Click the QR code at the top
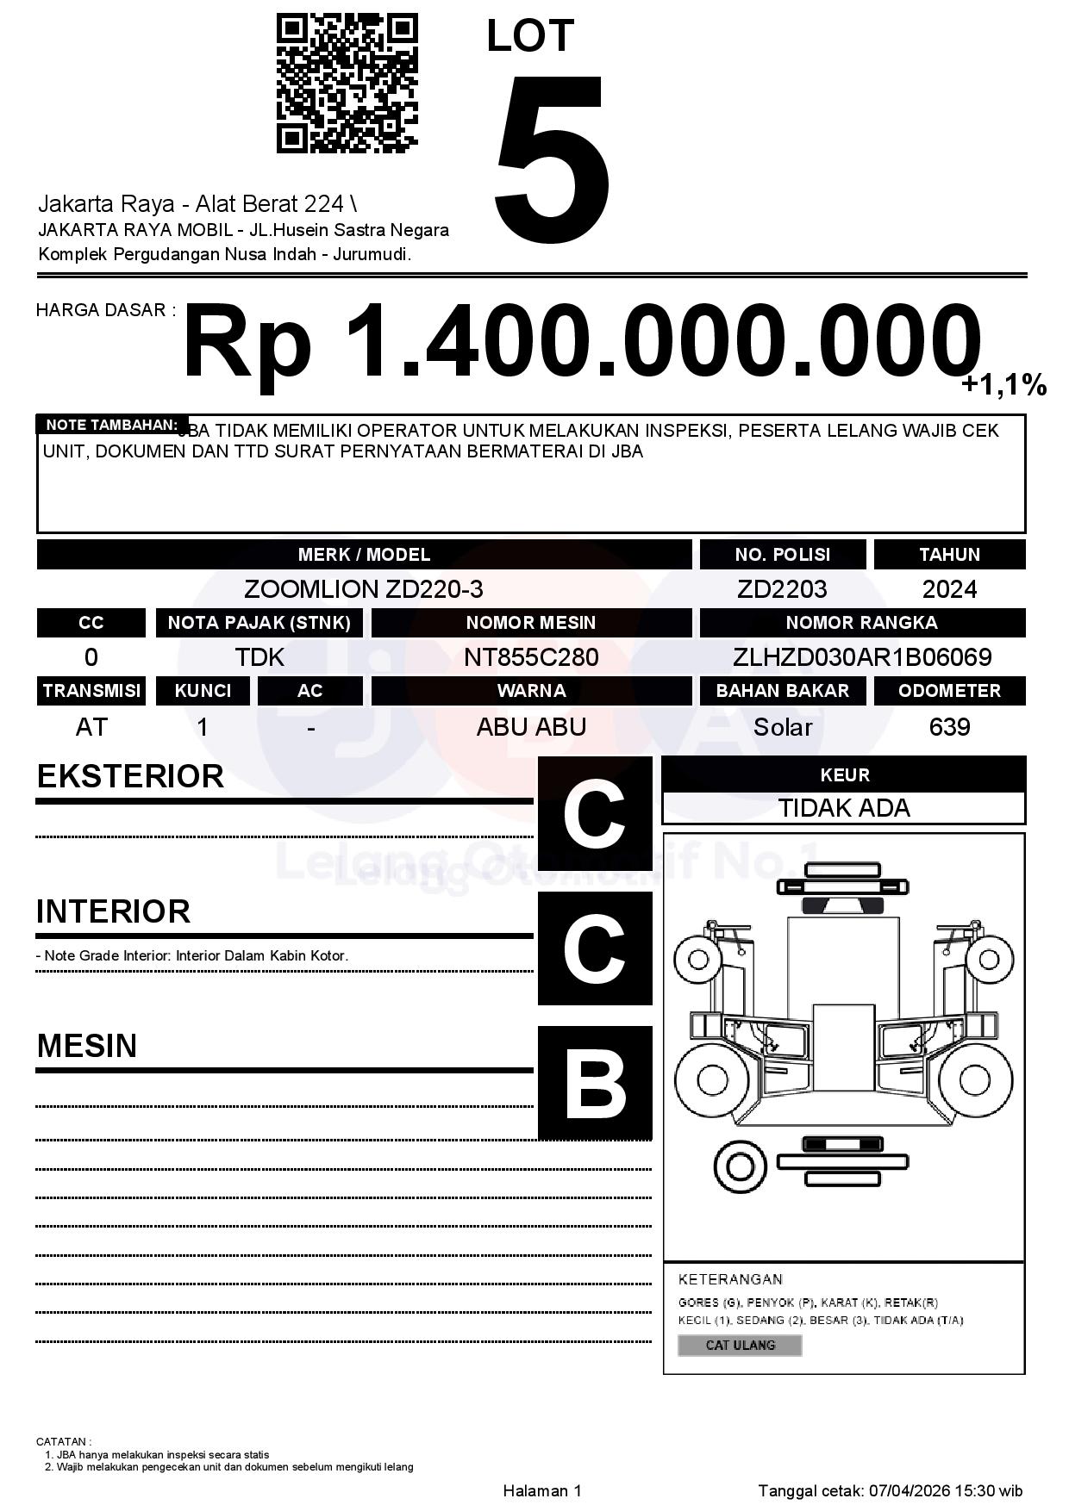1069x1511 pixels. point(347,84)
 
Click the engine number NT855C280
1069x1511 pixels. point(531,657)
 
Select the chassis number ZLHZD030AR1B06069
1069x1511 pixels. point(862,657)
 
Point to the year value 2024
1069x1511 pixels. point(949,589)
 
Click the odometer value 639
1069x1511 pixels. point(949,727)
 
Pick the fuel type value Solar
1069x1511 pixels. point(783,727)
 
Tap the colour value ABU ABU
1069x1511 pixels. point(531,727)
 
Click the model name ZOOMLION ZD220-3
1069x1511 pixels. point(364,589)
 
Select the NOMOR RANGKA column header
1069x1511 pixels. point(862,623)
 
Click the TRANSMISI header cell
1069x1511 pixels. point(91,691)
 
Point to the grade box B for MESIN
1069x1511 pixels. point(595,1083)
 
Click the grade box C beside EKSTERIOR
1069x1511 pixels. point(595,813)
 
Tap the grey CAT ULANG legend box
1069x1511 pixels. point(740,1345)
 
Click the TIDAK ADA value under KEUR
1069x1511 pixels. point(844,808)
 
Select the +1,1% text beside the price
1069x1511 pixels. point(1003,385)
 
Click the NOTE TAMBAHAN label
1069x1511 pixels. point(111,425)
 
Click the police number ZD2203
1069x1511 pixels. point(782,589)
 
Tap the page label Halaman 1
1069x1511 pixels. point(542,1490)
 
